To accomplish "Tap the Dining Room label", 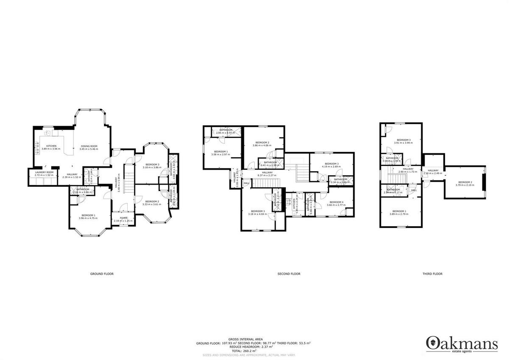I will (89, 148).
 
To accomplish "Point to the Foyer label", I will (123, 219).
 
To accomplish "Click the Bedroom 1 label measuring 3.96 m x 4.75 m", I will (88, 217).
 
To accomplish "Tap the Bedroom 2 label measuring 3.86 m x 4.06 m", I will (261, 144).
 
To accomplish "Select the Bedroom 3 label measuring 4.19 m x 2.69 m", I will (332, 165).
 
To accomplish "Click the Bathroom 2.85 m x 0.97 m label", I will (226, 131).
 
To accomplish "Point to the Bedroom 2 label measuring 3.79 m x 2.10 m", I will (465, 183).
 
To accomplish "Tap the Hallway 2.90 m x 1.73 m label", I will (408, 170).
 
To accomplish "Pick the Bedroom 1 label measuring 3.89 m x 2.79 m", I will (399, 213).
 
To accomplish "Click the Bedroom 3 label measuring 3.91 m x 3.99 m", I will (403, 141).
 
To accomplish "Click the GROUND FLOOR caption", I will (102, 274).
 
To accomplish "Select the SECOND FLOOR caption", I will (289, 274).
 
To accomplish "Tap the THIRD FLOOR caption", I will (432, 274).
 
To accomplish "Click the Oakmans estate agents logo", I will (462, 343).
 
